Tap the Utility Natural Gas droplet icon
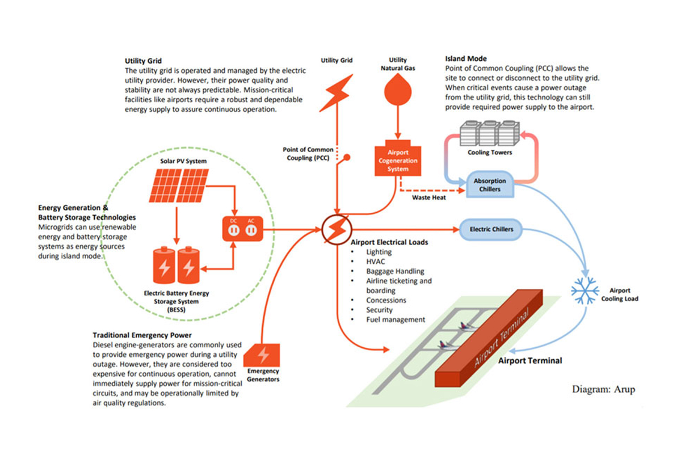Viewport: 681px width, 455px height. [398, 91]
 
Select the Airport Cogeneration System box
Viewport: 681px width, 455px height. [398, 161]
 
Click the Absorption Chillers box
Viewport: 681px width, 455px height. [490, 185]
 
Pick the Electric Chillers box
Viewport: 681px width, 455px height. [491, 229]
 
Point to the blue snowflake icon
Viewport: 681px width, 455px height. [585, 290]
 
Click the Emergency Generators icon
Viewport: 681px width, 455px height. [263, 356]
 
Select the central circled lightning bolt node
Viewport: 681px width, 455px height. [337, 230]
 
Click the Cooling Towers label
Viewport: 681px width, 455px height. [490, 153]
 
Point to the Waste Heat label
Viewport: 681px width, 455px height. [428, 198]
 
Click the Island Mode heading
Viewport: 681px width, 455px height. [466, 58]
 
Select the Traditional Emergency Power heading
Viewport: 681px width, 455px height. [142, 335]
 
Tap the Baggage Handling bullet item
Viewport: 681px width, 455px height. [395, 271]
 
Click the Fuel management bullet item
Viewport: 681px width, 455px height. [396, 319]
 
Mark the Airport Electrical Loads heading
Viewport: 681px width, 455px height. [389, 242]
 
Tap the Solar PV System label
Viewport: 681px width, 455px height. [183, 162]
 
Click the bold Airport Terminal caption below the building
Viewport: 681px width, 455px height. [530, 360]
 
